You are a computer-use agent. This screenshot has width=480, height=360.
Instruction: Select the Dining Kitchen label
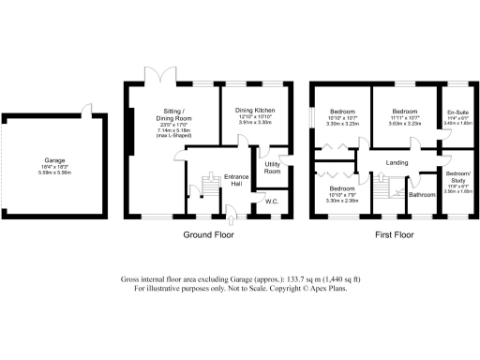tap(252, 110)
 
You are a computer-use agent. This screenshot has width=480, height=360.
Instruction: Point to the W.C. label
tap(272, 201)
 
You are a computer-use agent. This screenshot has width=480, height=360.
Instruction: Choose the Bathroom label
tap(422, 195)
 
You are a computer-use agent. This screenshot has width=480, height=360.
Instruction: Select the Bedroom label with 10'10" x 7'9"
tap(335, 188)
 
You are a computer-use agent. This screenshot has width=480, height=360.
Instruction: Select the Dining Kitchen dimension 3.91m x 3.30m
tap(252, 123)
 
